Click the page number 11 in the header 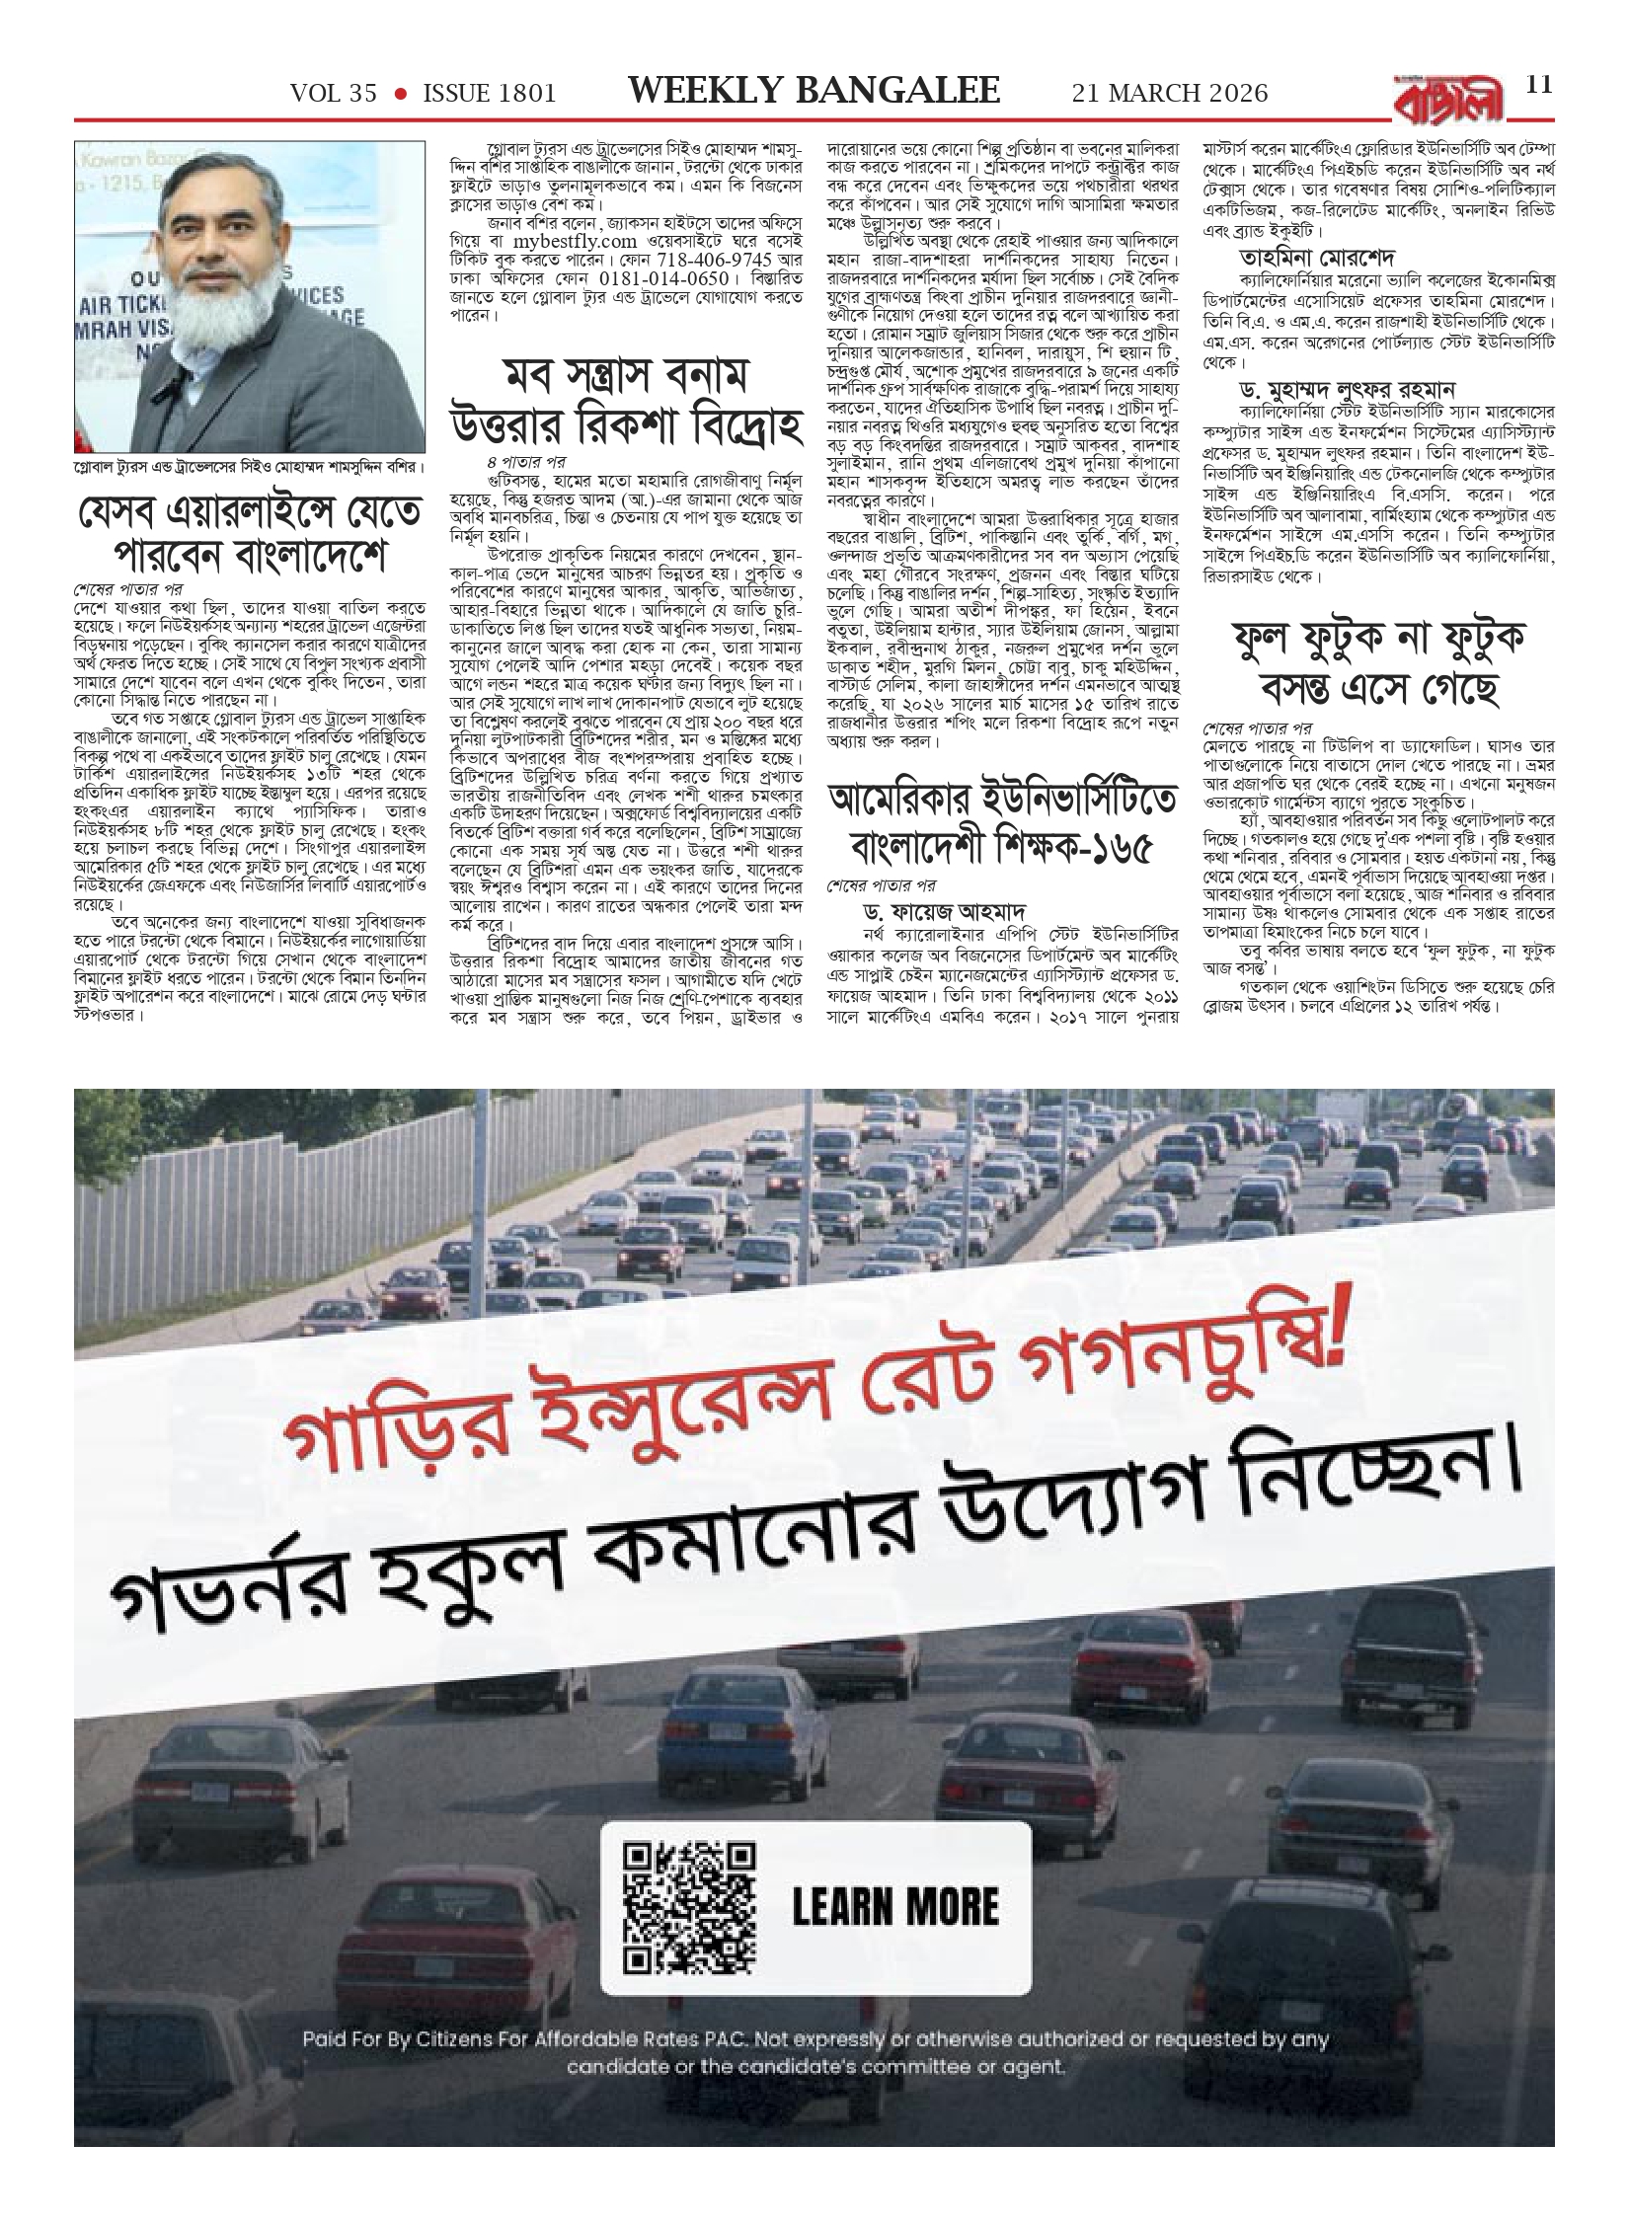[1539, 85]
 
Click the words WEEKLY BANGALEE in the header [814, 92]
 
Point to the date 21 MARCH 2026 [1170, 94]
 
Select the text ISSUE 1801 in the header [490, 94]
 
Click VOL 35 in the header [334, 94]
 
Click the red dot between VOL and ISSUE [401, 94]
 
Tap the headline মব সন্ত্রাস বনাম [625, 379]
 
